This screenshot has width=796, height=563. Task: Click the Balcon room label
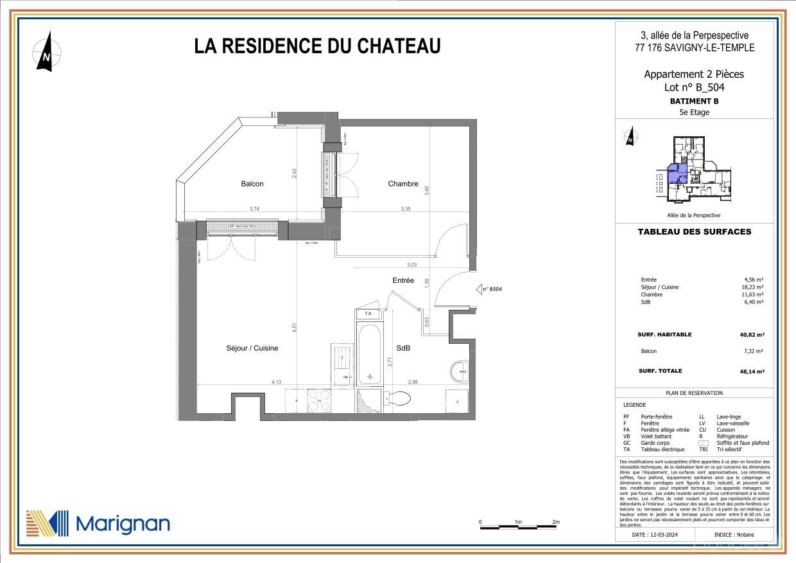(252, 184)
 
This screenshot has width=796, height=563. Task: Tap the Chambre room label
(403, 184)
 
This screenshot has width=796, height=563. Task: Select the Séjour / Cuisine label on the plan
(252, 348)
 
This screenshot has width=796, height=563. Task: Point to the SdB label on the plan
(403, 348)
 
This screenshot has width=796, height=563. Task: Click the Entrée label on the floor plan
(404, 280)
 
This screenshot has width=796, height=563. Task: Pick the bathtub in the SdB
(369, 353)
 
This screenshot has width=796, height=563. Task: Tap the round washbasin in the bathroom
(460, 370)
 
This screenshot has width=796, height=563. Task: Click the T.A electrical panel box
(368, 314)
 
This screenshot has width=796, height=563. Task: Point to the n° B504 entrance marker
(489, 289)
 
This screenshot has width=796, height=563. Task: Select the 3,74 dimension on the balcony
(255, 209)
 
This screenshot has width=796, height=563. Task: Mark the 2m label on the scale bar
(556, 522)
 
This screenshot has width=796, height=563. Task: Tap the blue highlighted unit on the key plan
(676, 175)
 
